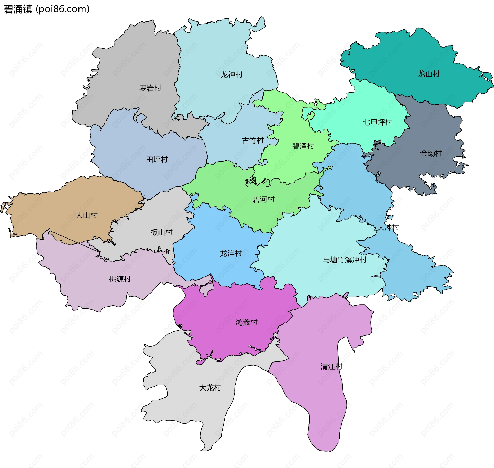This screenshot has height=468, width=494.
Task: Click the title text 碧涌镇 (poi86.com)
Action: click(47, 9)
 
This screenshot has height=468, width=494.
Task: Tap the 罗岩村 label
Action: click(150, 88)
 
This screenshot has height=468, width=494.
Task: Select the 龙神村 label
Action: click(232, 75)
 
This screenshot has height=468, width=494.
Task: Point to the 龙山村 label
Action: click(428, 74)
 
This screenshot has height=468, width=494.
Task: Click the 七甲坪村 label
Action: click(377, 122)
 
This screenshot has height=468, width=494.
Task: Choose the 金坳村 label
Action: click(431, 153)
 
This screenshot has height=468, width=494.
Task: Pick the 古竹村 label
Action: click(253, 140)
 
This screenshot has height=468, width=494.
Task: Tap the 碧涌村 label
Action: click(303, 146)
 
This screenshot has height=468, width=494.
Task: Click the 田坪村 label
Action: click(157, 160)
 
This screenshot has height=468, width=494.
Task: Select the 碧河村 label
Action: click(263, 199)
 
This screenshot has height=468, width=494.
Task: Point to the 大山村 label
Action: click(86, 215)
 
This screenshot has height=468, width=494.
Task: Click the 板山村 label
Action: click(161, 232)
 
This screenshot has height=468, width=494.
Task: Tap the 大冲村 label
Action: click(388, 227)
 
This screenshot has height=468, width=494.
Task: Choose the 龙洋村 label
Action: click(231, 253)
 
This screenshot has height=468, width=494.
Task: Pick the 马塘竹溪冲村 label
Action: click(344, 260)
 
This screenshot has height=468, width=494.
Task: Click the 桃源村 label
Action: click(120, 279)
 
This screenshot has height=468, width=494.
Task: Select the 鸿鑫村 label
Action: click(246, 322)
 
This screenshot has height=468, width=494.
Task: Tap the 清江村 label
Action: click(331, 366)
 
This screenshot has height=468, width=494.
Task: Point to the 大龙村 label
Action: click(210, 388)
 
